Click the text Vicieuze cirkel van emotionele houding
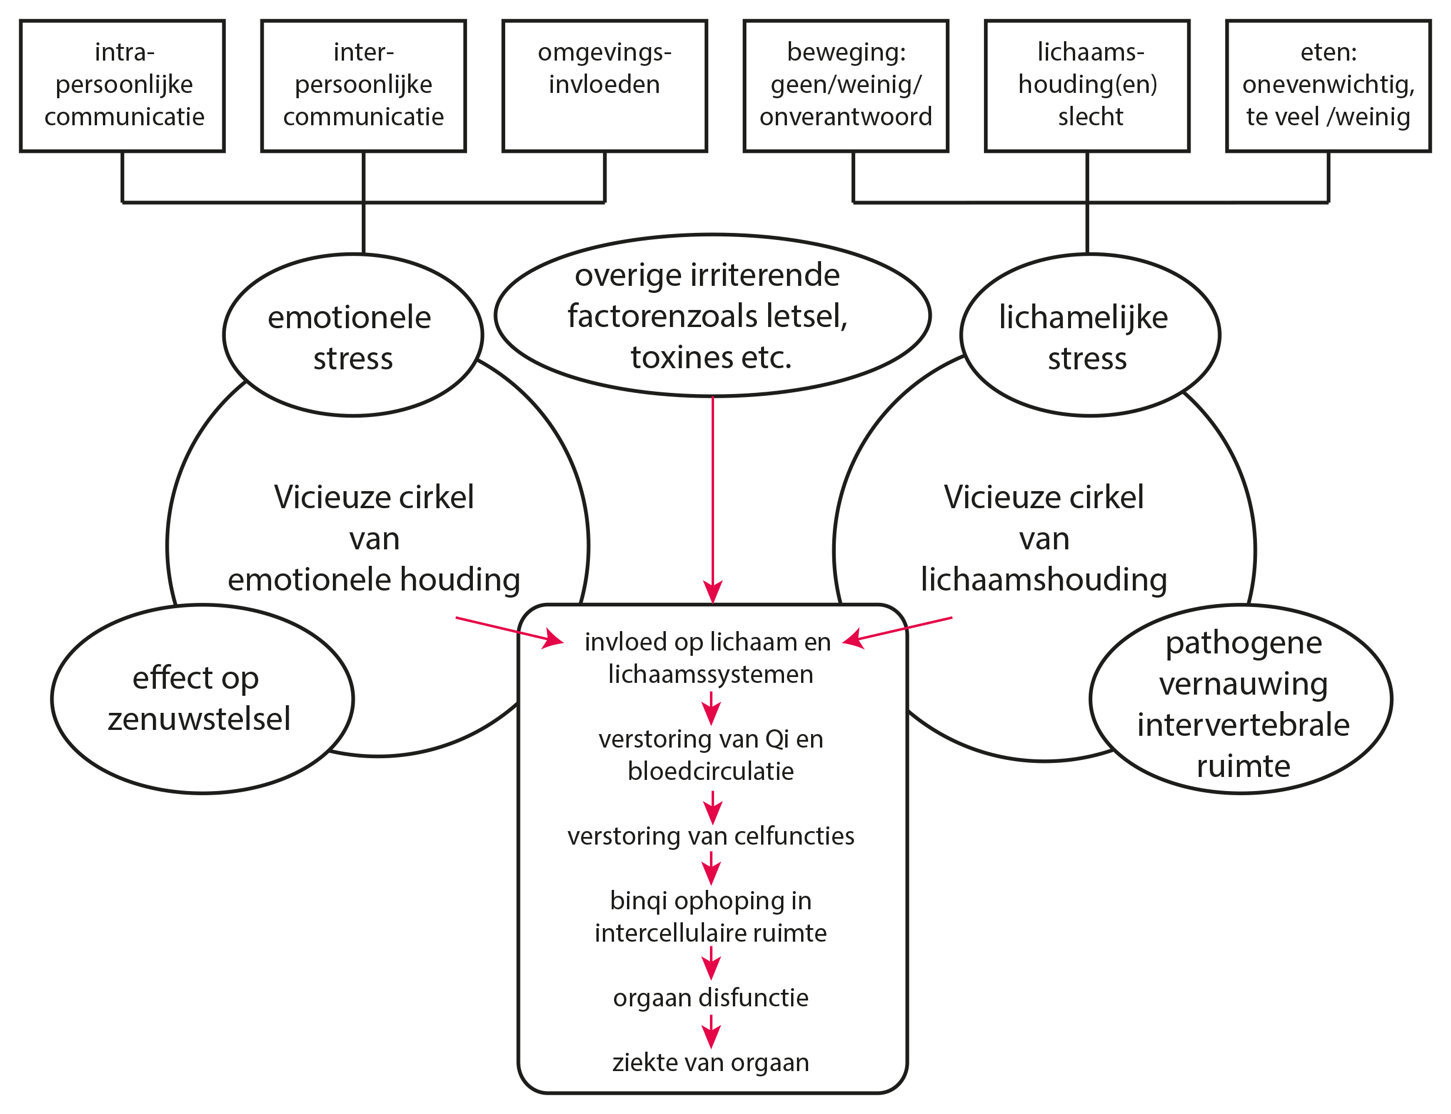(x=374, y=538)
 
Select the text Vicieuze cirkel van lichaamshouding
(x=1044, y=538)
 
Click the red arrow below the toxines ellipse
(x=713, y=501)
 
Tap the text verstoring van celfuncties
(x=711, y=836)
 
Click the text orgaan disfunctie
(x=711, y=998)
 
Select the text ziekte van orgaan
(x=711, y=1063)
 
